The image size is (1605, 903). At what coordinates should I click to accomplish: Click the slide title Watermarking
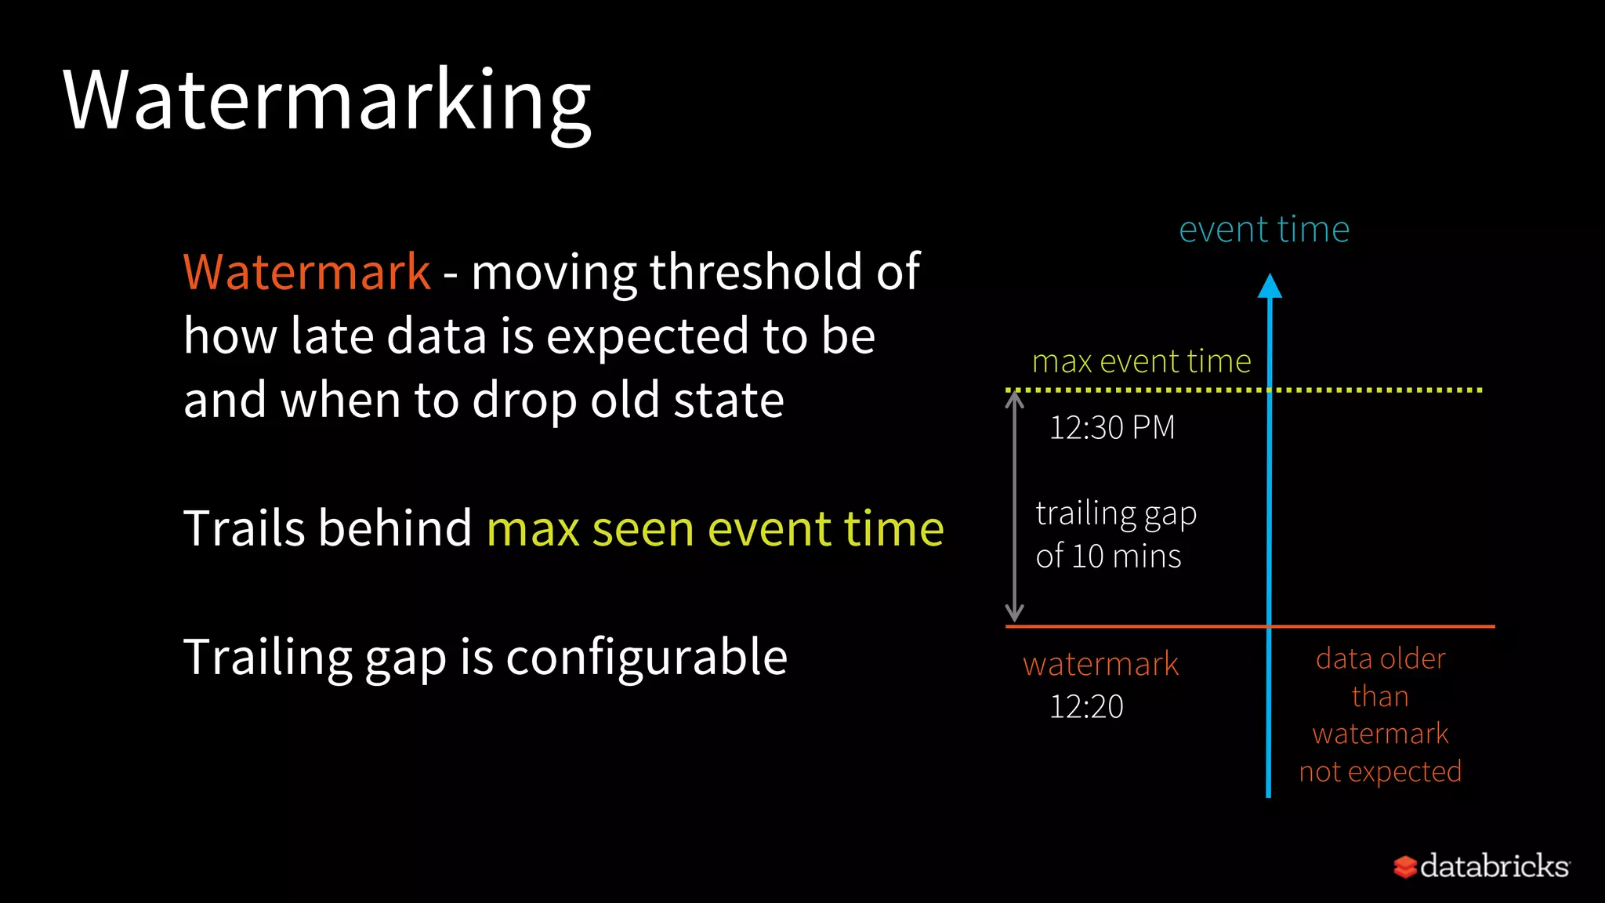click(x=327, y=102)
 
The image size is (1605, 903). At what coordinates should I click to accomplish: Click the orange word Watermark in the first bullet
click(x=306, y=272)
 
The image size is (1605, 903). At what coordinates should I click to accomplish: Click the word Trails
click(x=244, y=528)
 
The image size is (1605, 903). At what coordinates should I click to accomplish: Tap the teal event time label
click(x=1263, y=230)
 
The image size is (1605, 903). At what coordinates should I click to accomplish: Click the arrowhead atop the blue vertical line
click(x=1270, y=286)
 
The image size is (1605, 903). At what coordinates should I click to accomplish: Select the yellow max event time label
click(x=1141, y=361)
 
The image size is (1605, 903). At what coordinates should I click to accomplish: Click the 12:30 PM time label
click(x=1111, y=428)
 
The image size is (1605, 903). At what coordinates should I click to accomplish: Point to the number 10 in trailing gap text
click(x=1087, y=557)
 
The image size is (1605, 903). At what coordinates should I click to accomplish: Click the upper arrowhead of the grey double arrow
click(x=1015, y=399)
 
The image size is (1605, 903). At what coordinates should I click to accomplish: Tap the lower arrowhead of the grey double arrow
click(x=1015, y=614)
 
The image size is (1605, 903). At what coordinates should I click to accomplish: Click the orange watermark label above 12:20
click(x=1100, y=665)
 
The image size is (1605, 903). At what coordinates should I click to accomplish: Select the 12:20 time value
click(x=1086, y=707)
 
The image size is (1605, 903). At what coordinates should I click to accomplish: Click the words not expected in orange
click(x=1380, y=771)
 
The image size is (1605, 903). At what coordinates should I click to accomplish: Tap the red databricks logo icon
click(x=1404, y=867)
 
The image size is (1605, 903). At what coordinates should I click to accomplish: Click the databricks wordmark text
click(x=1494, y=866)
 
